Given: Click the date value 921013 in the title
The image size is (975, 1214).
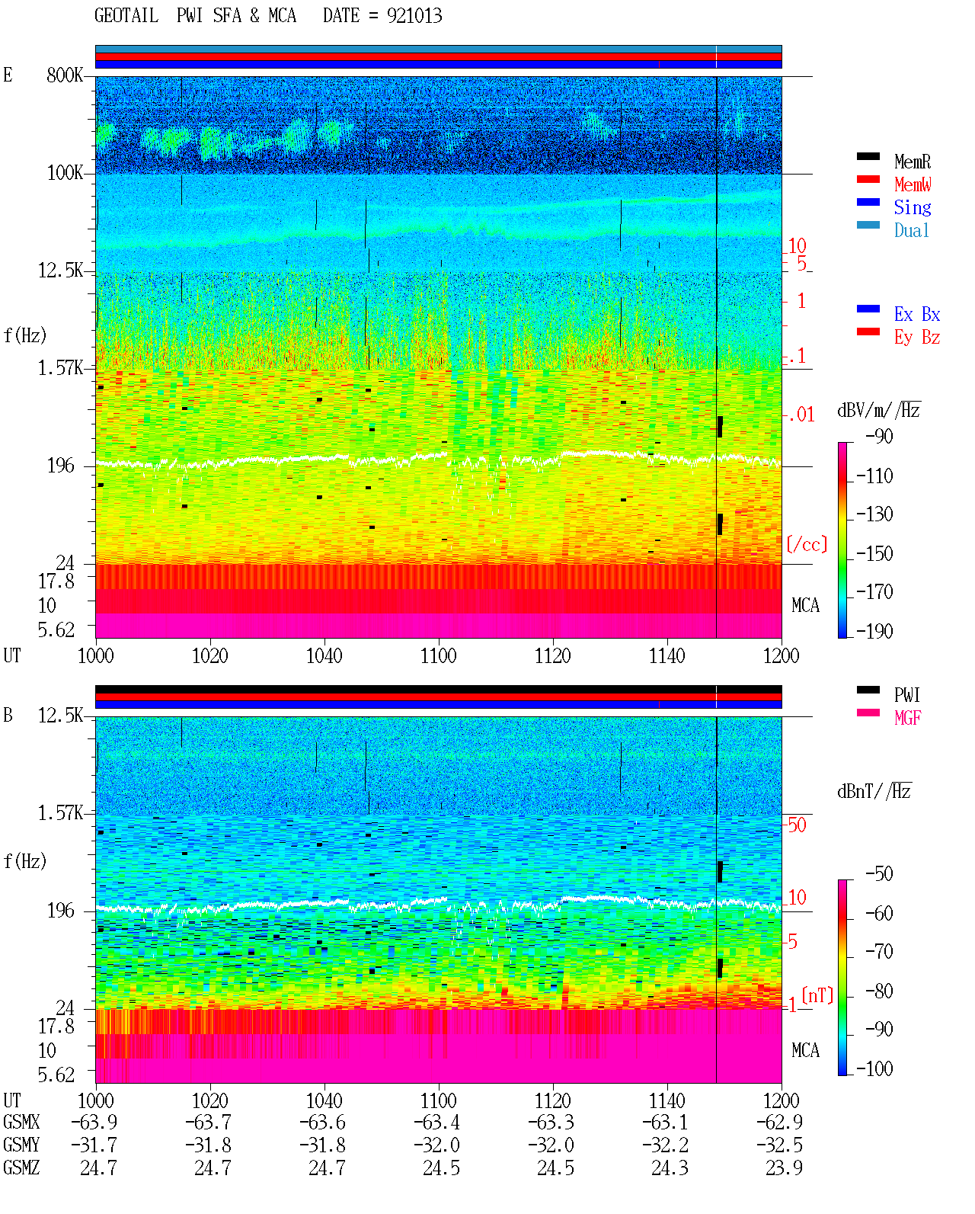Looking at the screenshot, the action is [x=414, y=16].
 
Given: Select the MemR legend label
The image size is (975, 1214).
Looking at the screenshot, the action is [x=912, y=162].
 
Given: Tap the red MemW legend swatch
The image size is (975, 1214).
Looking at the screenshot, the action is [x=868, y=179].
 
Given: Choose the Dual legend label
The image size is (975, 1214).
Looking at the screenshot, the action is [x=911, y=230].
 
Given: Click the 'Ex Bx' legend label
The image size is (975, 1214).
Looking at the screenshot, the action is [x=916, y=314].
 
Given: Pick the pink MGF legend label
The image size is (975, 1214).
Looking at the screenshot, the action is [x=907, y=718].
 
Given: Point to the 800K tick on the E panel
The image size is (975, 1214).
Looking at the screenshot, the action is [x=64, y=75].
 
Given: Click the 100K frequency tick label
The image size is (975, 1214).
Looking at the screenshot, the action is [x=65, y=173].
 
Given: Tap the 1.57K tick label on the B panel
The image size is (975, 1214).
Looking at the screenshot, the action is [x=59, y=813].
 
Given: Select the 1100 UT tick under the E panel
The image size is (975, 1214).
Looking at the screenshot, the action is [x=438, y=655].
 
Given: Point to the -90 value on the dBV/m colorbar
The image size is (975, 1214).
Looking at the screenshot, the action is [x=879, y=436].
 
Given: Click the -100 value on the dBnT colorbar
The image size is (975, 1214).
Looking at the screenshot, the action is [x=874, y=1068].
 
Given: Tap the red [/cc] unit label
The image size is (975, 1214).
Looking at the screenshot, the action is [x=807, y=544].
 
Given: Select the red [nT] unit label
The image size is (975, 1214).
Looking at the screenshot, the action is [x=817, y=995].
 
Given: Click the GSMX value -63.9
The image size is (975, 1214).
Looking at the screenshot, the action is [x=94, y=1122].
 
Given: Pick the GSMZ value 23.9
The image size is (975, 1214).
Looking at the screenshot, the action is [x=784, y=1168].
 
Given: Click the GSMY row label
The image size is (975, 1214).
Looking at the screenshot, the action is [x=21, y=1145].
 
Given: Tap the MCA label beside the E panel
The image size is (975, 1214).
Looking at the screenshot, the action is [x=805, y=605].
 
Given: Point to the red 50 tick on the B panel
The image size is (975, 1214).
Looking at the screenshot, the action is [x=797, y=825].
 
